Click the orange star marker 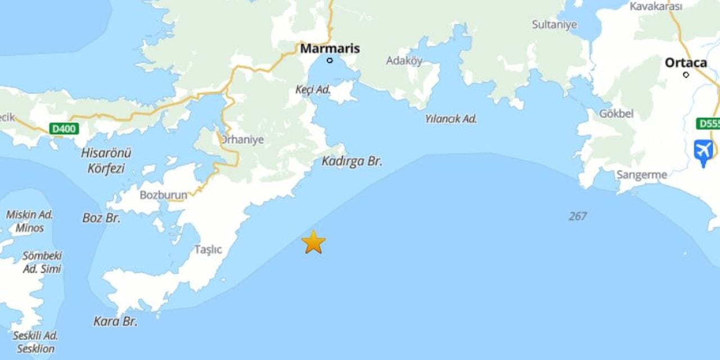tap(313, 242)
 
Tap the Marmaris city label tap(330, 49)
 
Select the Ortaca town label tap(686, 62)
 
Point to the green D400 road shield tap(64, 129)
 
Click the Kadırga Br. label tap(352, 161)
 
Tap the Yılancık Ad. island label tap(451, 119)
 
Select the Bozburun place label tap(163, 195)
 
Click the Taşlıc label tap(208, 250)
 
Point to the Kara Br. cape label tap(115, 322)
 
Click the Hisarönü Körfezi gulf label tap(106, 160)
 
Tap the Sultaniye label tap(555, 25)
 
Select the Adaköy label tap(404, 61)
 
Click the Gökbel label tap(616, 114)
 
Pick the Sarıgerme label tap(642, 175)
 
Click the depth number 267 tap(577, 216)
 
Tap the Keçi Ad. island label tap(313, 90)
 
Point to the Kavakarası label tap(656, 6)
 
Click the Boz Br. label tap(101, 218)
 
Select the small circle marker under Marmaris tap(330, 60)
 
